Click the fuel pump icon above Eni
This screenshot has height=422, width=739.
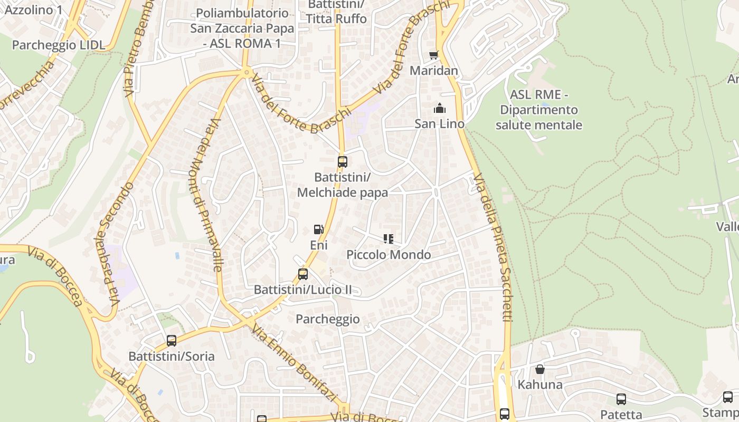pos(318,229)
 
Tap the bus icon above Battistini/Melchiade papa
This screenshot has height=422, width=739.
pos(343,161)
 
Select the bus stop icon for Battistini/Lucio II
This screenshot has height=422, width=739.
pos(302,274)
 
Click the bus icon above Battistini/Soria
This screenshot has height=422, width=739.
pos(172,341)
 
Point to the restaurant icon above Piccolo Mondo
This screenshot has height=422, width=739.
pos(389,239)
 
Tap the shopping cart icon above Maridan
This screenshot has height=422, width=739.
pos(434,55)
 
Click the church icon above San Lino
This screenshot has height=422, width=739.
pos(439,109)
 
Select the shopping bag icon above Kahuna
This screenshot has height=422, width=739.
pos(539,369)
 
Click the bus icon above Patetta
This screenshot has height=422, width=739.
pos(621,399)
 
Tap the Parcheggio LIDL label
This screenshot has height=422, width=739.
pos(59,45)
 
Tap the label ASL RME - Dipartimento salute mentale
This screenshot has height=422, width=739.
pos(538,110)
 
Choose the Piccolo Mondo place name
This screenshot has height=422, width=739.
pos(389,255)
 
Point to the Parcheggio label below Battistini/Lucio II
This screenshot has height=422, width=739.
pos(327,319)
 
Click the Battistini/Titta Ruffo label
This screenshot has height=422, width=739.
pos(336,12)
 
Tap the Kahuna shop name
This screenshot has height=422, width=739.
pos(539,385)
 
